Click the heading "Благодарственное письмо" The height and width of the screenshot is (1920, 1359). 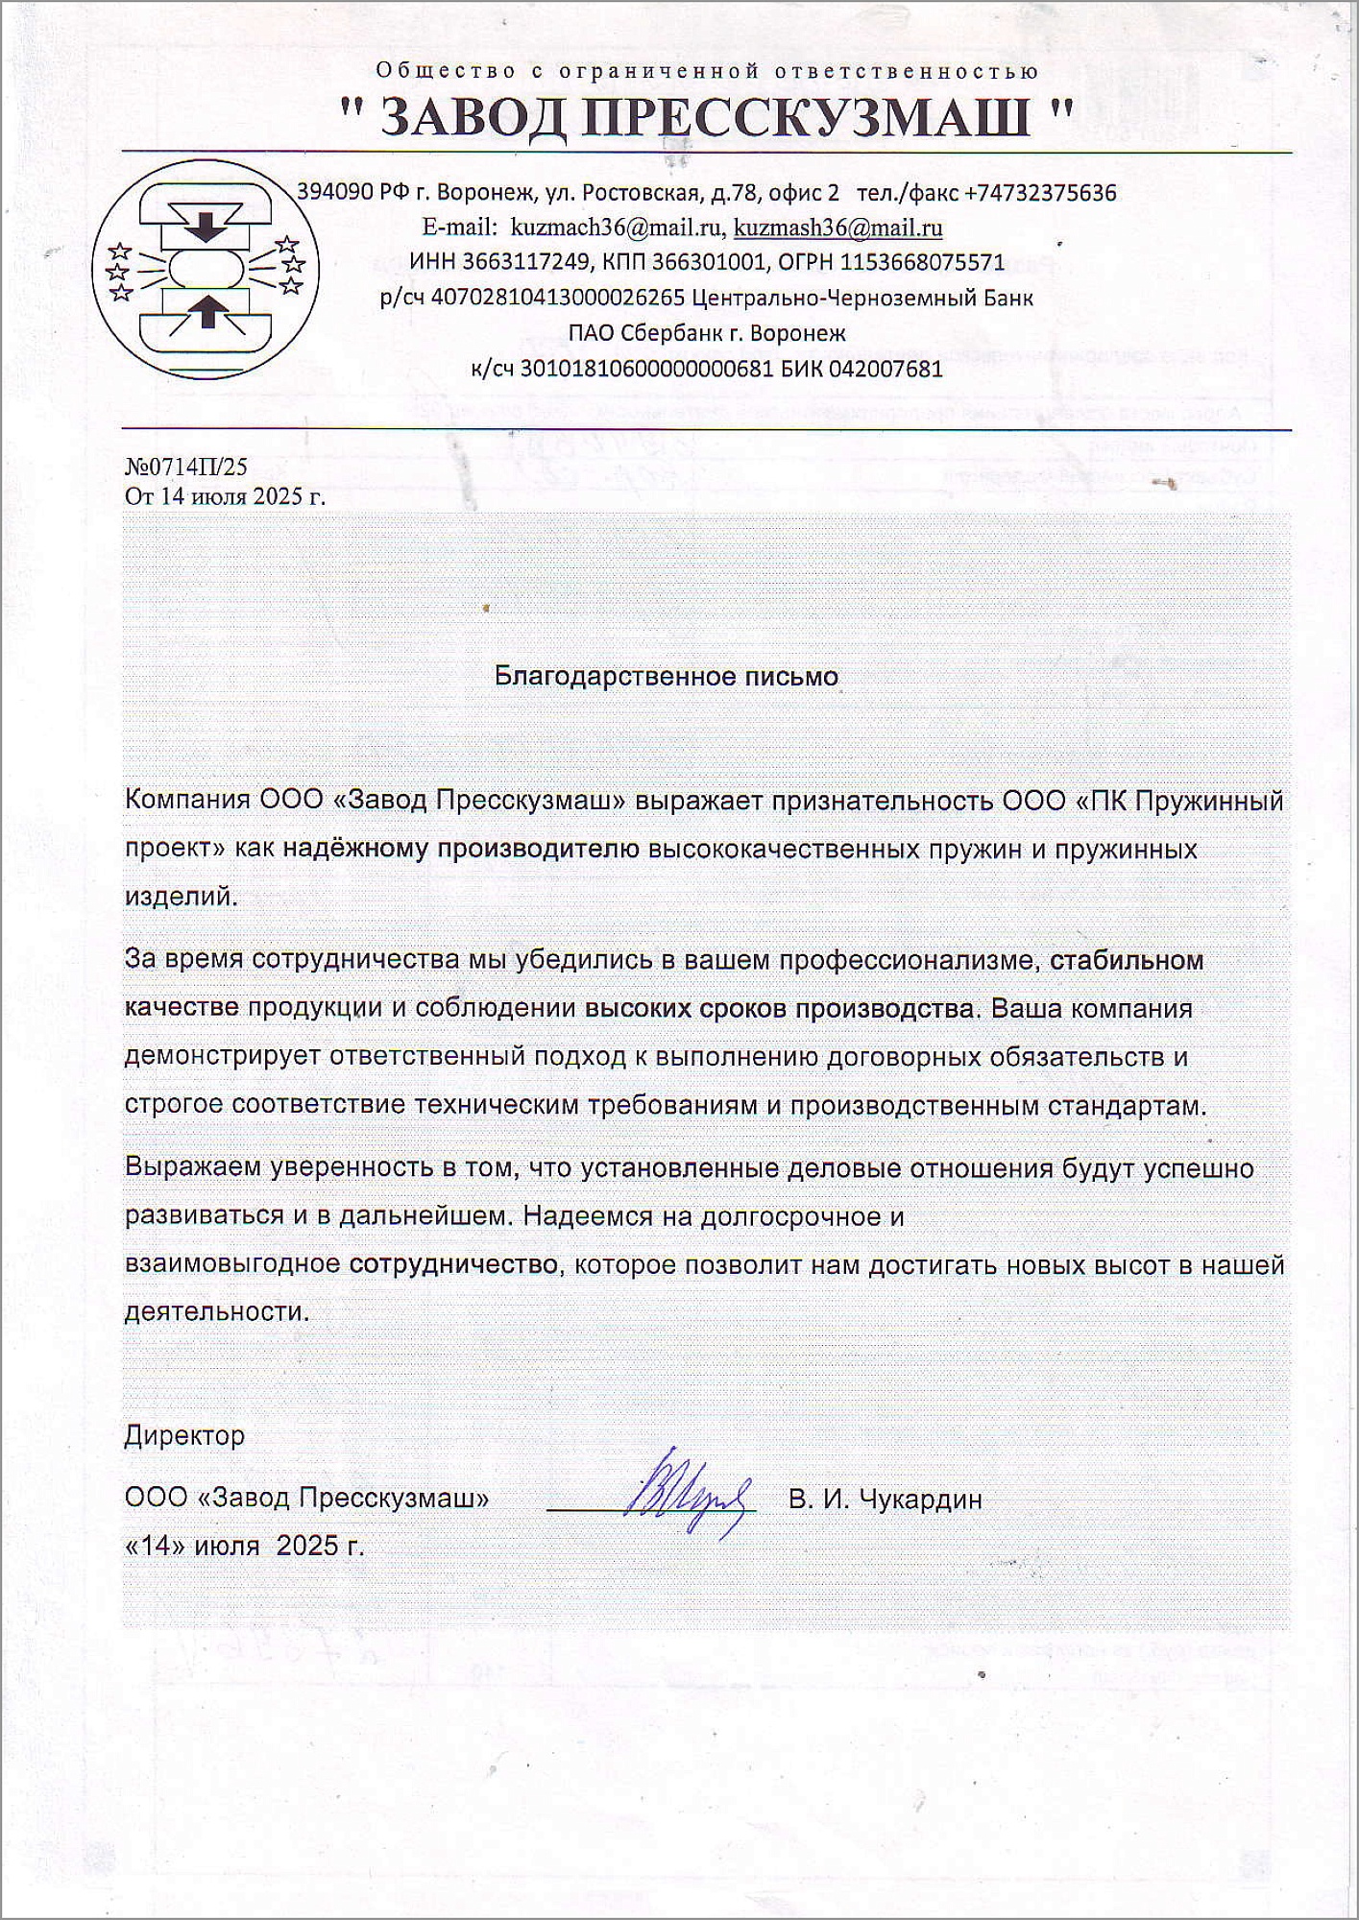click(x=666, y=676)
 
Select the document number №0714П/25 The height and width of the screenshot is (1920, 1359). click(x=185, y=467)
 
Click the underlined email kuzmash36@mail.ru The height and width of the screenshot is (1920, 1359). click(x=837, y=228)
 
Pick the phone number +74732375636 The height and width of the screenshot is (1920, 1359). click(x=1040, y=193)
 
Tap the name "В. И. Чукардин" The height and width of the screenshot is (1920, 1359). click(x=885, y=1499)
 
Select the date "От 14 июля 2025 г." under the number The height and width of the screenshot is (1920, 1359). click(x=225, y=497)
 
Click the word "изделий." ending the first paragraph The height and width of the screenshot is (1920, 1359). click(x=181, y=897)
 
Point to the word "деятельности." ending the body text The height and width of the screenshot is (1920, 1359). click(x=217, y=1311)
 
